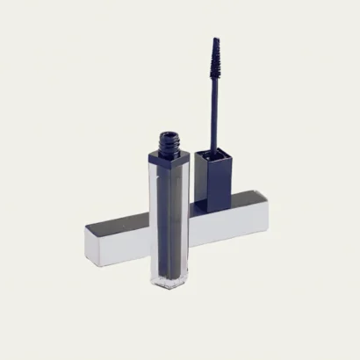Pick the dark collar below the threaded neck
point(169,157)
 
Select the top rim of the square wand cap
point(212,153)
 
